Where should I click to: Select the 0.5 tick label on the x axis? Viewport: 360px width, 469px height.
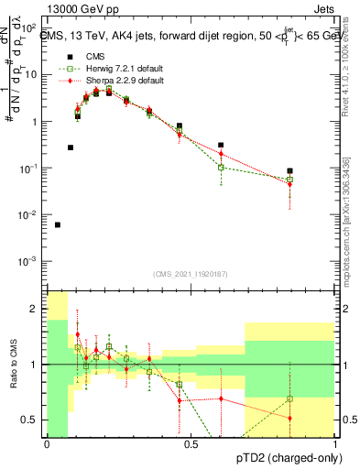[191, 445]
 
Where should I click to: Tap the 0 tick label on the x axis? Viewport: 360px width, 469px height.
[47, 445]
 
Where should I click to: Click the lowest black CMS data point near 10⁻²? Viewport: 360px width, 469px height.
[58, 224]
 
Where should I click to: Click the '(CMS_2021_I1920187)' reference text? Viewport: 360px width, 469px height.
[191, 273]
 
